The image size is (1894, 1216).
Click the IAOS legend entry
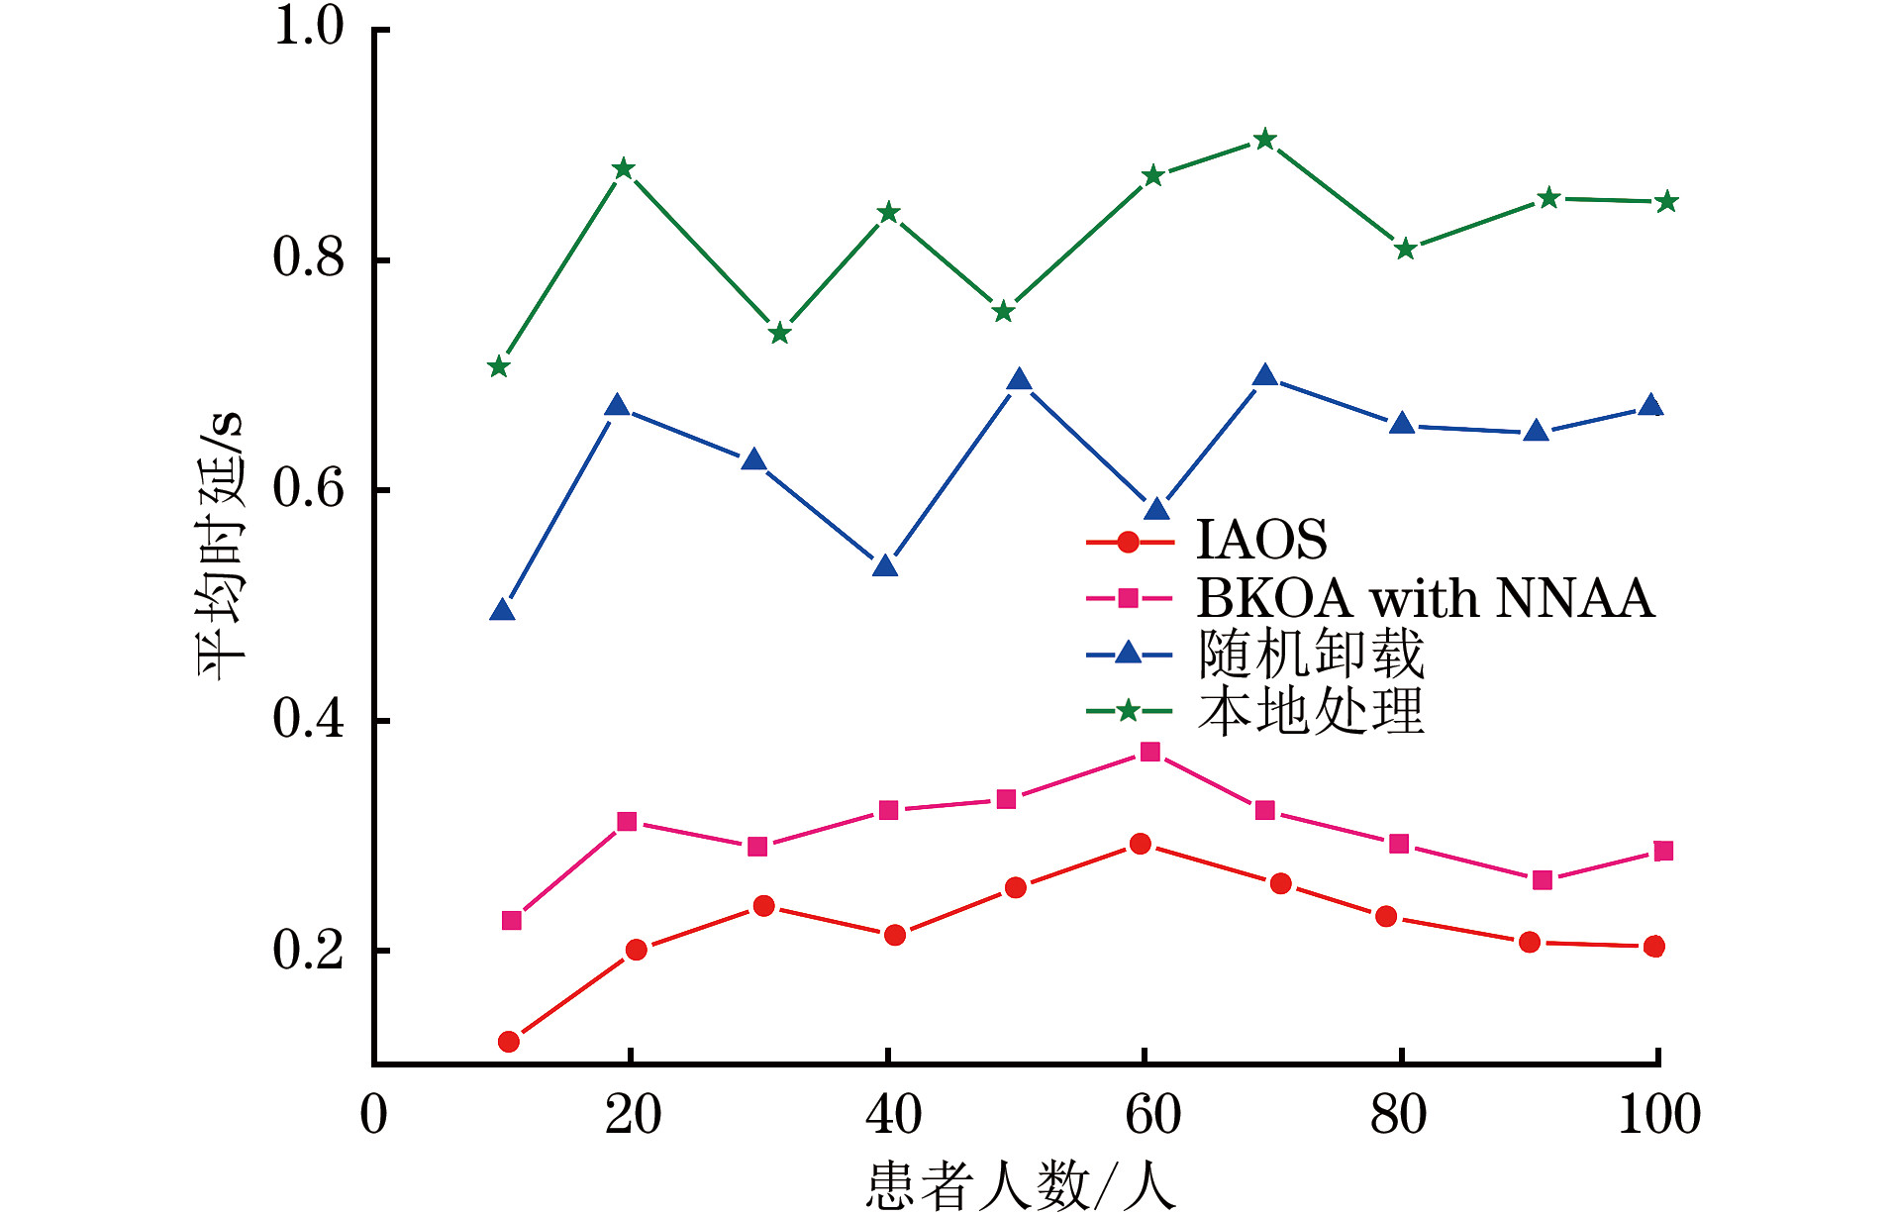[1261, 541]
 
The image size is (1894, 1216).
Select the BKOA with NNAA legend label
[1425, 598]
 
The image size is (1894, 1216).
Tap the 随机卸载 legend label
[1310, 655]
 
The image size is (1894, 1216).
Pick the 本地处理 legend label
[1310, 711]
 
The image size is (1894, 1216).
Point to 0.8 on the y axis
[308, 257]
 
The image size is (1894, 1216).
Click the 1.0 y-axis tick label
[308, 27]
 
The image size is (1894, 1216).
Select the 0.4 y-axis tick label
[308, 719]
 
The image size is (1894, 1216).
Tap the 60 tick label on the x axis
[1152, 1115]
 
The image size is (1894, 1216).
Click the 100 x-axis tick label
[1658, 1115]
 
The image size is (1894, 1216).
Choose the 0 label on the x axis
[374, 1115]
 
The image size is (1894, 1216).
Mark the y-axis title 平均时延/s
[220, 545]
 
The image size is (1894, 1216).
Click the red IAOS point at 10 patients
[509, 1042]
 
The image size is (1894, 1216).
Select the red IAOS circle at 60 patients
[1141, 844]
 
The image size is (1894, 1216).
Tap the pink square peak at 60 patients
[1149, 752]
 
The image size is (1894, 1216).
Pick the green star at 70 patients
[1264, 140]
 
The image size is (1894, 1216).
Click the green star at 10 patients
[499, 367]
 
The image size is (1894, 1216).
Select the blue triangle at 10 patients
[502, 610]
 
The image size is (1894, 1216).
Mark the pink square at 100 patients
[1663, 852]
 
